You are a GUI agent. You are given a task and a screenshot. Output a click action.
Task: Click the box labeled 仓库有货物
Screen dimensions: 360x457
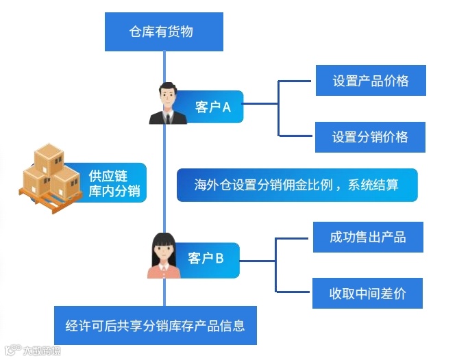tap(164, 31)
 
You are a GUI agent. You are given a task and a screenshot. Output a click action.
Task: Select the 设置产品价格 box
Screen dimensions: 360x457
tap(370, 81)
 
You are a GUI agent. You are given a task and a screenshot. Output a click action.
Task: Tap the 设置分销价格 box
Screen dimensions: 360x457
tap(370, 137)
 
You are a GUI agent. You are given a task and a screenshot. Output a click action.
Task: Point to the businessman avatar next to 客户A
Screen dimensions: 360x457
tap(166, 104)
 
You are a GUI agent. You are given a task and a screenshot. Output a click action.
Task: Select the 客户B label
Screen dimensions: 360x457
tap(206, 259)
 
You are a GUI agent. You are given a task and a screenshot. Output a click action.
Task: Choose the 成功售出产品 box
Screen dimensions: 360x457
tap(368, 237)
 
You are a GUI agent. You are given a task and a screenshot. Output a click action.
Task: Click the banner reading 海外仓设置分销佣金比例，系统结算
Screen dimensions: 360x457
tap(297, 185)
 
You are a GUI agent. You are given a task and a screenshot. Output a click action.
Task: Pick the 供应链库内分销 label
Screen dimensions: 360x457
tap(114, 183)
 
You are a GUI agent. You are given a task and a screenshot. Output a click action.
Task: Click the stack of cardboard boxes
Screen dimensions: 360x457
tap(52, 174)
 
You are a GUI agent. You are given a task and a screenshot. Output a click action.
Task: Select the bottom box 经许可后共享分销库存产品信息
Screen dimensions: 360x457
tap(156, 325)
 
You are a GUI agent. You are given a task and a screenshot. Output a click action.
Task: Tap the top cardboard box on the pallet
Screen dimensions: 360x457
tap(49, 158)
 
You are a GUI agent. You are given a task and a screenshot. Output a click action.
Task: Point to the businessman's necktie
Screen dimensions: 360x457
tap(166, 116)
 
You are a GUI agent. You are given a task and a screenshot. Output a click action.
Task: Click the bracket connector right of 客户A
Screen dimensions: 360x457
tap(278, 107)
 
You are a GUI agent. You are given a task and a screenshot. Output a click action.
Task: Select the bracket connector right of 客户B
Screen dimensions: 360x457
tap(275, 264)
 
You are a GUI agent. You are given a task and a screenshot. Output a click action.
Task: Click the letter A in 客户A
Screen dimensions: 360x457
tap(227, 107)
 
